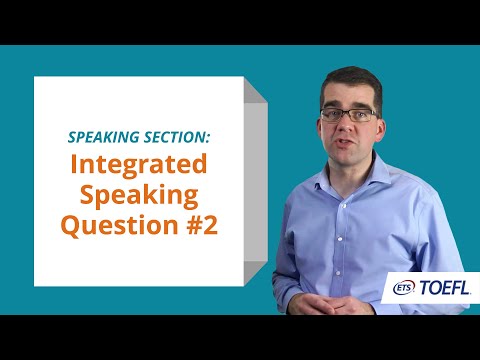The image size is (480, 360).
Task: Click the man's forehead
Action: coord(348,96)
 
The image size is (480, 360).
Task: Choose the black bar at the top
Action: coord(240,20)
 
